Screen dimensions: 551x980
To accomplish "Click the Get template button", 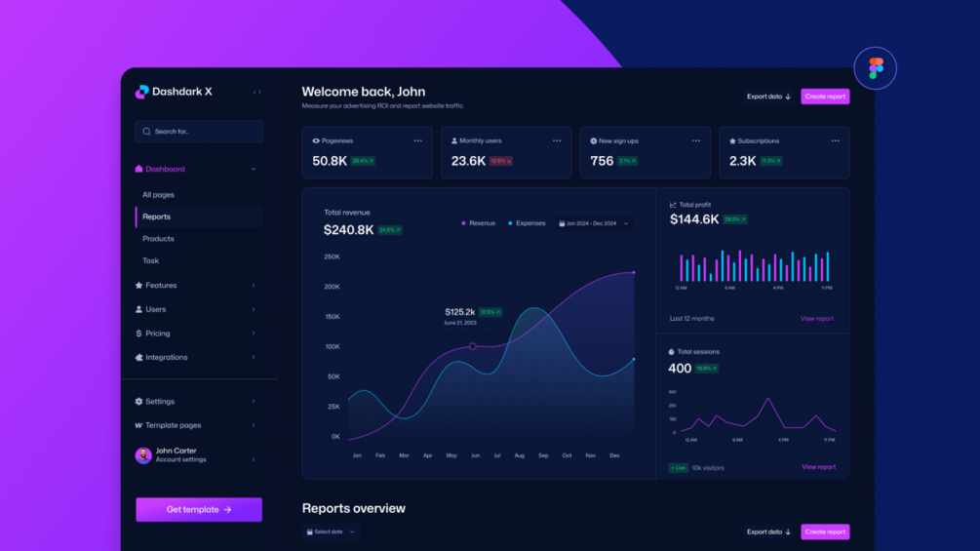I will pos(199,509).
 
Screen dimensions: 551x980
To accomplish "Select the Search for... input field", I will pos(199,131).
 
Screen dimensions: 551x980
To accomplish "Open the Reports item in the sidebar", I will pos(157,216).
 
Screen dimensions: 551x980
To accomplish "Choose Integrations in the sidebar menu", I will pos(167,357).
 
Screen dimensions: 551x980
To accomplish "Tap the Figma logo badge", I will pos(875,68).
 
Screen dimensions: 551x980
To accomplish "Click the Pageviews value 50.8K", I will pos(330,161).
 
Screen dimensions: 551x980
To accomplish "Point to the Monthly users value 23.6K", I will pos(468,161).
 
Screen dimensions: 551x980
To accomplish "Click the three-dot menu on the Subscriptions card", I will pos(835,140).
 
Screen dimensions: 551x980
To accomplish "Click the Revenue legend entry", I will pos(479,223).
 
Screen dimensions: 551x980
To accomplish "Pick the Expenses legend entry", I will pos(528,223).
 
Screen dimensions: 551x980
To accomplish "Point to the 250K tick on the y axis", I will pos(332,256).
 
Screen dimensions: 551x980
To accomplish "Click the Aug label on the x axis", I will pos(519,455).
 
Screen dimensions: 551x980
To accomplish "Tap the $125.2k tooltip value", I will pos(460,312).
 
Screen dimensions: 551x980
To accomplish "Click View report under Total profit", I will pos(816,319).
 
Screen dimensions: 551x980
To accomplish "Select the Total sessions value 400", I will pos(680,369).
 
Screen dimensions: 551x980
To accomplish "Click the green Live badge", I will pos(678,468).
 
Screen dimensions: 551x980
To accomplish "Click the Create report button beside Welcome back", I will pos(825,97).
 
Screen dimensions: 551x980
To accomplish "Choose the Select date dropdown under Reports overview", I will pos(331,531).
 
